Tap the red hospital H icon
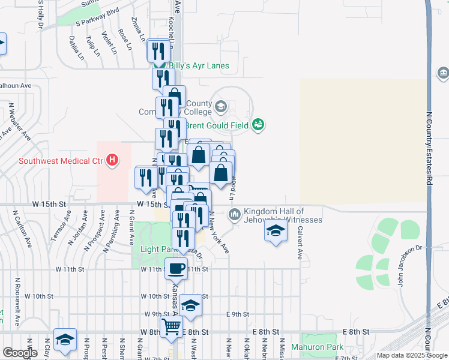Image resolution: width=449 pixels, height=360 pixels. (x=112, y=160)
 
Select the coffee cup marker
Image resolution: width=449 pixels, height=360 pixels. (x=176, y=269)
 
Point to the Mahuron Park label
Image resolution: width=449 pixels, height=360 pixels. (x=318, y=347)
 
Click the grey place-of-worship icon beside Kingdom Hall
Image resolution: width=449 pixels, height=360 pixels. (x=235, y=214)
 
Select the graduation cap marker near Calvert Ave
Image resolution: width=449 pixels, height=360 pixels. (x=275, y=232)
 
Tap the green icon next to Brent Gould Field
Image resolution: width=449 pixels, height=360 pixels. (x=259, y=125)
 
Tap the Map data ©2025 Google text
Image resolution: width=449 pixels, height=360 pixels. (x=411, y=355)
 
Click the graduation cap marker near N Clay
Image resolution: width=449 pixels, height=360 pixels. (x=65, y=339)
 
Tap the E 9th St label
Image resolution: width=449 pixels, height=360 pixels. (x=238, y=314)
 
